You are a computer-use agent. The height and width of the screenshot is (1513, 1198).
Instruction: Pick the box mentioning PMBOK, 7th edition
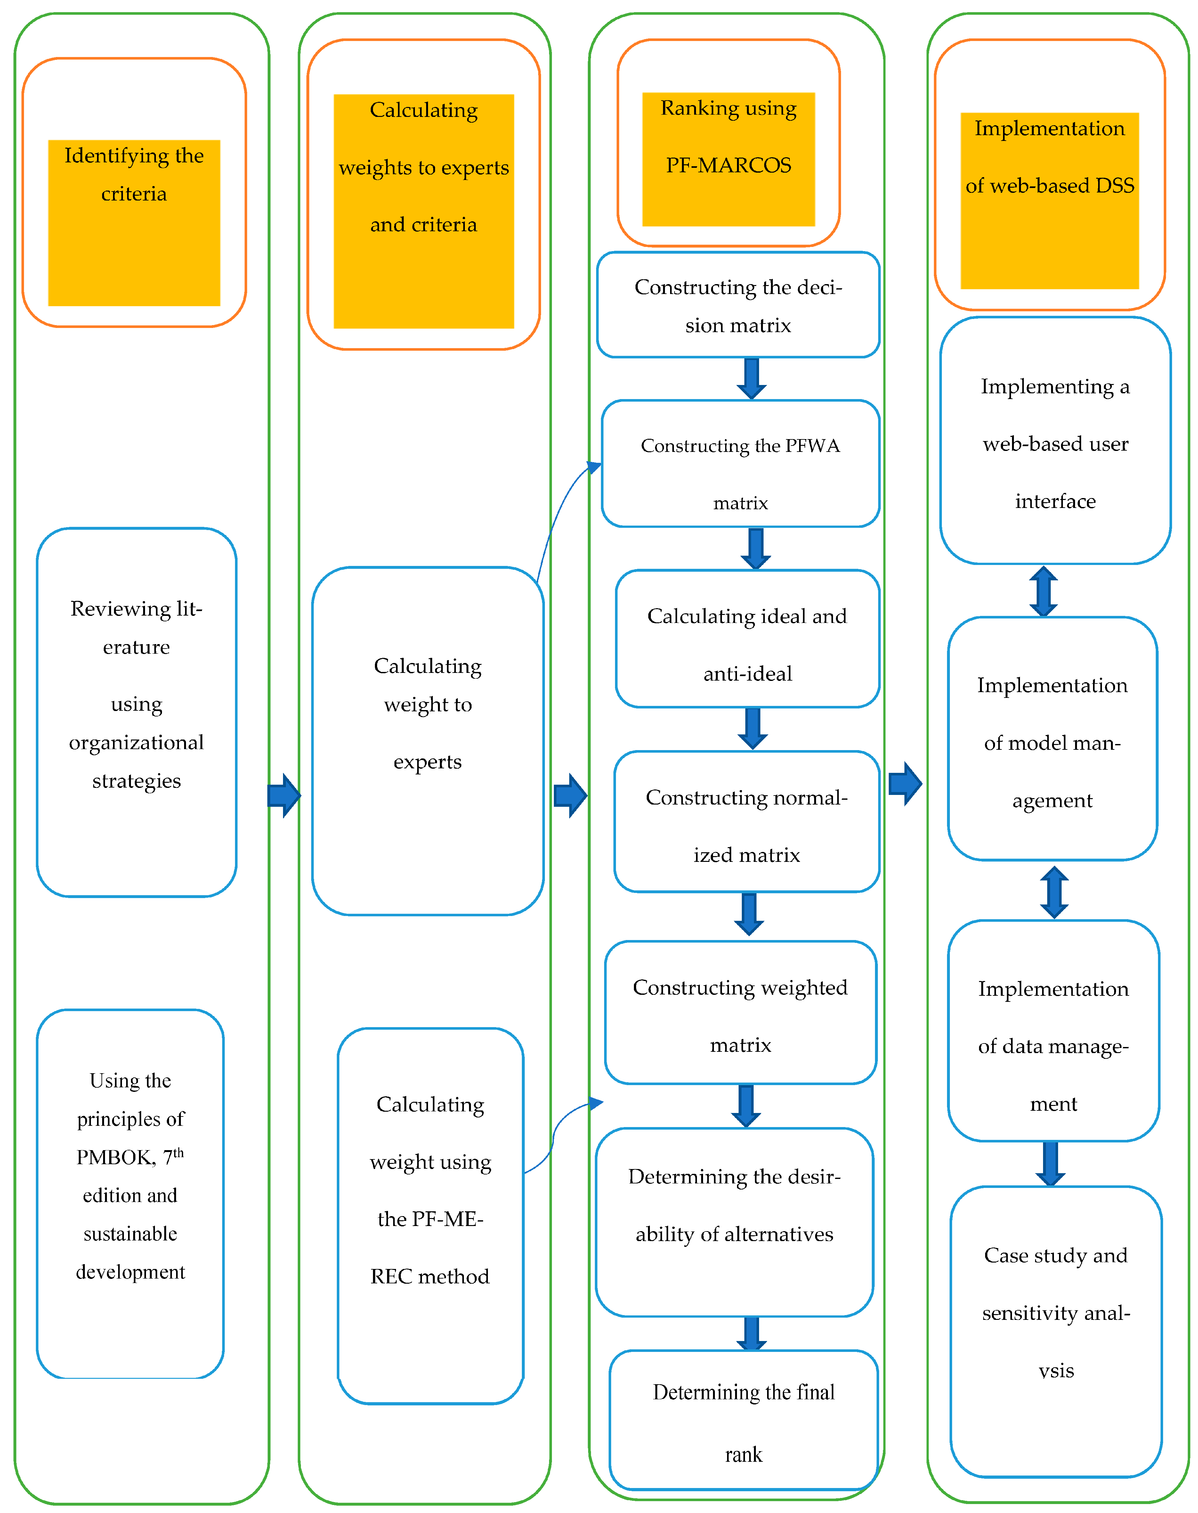tap(131, 1193)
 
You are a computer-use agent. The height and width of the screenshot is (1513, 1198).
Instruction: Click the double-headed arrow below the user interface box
tap(1044, 591)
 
